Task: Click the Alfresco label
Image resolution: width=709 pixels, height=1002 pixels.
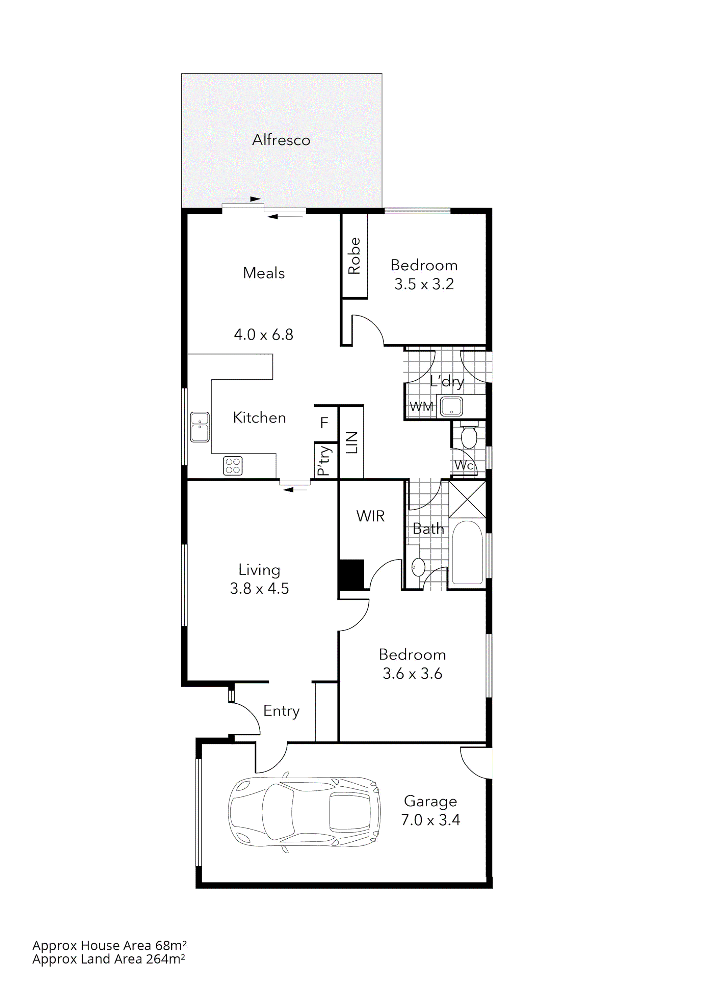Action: coord(281,140)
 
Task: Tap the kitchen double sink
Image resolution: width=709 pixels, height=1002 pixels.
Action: coord(200,427)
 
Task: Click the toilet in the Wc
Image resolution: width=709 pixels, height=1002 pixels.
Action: coord(469,436)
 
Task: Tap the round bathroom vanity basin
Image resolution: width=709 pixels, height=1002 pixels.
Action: coord(418,567)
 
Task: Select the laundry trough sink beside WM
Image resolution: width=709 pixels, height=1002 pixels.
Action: coord(451,406)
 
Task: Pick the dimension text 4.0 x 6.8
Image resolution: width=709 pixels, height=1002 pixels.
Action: coord(263,335)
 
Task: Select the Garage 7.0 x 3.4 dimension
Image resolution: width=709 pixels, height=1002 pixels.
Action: coord(430,820)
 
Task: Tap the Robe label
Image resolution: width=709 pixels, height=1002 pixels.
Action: coord(354,256)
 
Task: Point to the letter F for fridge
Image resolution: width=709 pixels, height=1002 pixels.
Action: coord(324,423)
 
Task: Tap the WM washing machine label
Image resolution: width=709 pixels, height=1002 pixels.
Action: coord(421,407)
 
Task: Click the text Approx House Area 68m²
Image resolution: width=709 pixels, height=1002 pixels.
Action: coord(109,945)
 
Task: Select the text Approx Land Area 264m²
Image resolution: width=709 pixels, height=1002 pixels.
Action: coord(108,959)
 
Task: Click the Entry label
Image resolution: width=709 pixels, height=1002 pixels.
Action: coord(281,711)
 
